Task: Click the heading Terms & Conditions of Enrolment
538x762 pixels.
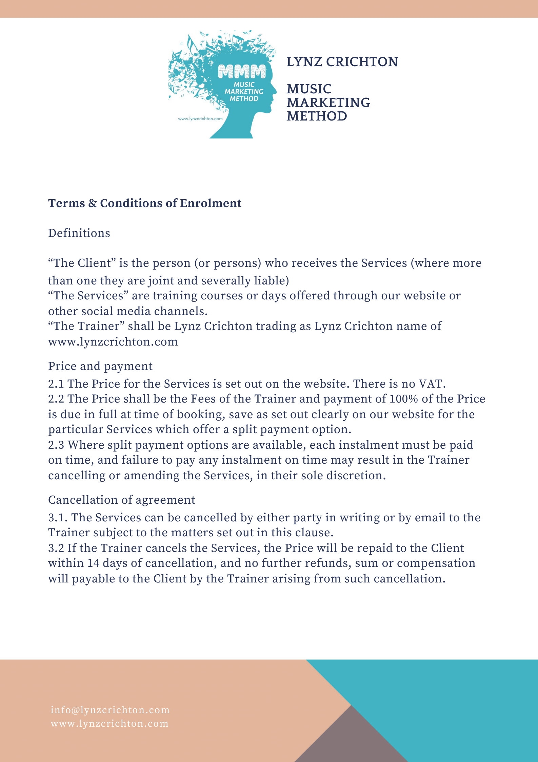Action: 145,203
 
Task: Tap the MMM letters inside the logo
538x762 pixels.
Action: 242,71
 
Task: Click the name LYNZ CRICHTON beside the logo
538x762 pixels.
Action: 342,62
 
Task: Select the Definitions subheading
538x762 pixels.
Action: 79,233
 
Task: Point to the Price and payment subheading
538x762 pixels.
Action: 100,366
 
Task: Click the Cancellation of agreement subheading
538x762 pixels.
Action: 122,500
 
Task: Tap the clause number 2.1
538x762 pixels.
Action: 56,384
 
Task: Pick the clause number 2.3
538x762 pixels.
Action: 56,445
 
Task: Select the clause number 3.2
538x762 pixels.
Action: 56,548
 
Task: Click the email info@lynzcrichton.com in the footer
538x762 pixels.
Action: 110,710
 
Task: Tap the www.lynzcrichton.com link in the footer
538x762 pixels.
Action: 109,724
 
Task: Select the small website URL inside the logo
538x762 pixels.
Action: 200,119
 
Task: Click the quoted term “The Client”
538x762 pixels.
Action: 82,263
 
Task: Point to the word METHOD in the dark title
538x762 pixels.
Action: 317,116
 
